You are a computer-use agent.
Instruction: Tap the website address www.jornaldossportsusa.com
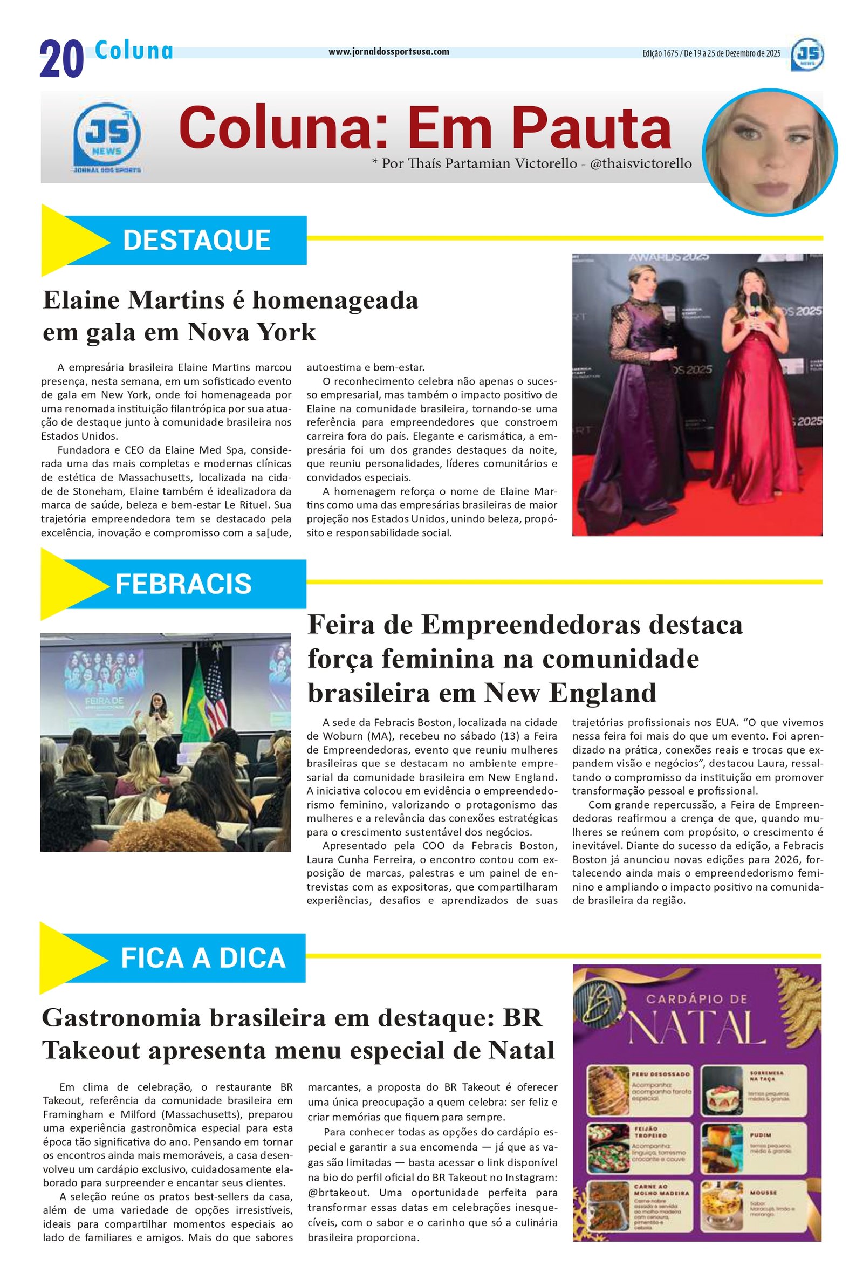coord(388,52)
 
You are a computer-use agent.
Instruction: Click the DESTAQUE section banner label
coord(196,240)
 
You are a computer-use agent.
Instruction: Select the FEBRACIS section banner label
coord(183,584)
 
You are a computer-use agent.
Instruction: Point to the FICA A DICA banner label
coord(203,958)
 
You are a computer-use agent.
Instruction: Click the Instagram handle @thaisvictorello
coord(641,163)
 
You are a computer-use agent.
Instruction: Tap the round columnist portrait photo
coord(769,152)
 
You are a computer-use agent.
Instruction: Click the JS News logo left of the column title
coord(107,138)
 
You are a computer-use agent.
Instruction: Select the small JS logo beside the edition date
coord(807,54)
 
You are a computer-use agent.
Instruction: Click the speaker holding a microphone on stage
coord(156,715)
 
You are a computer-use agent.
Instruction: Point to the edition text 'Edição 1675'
coord(660,53)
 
